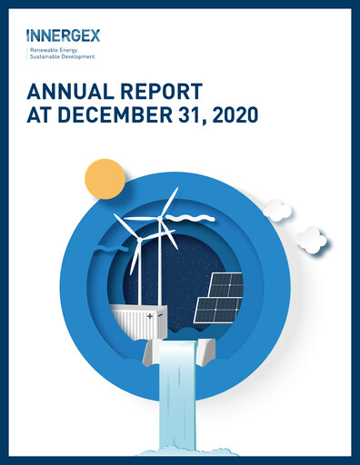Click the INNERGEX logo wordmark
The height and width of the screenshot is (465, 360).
click(64, 36)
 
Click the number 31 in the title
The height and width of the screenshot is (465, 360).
click(185, 115)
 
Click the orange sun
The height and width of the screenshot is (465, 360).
click(104, 178)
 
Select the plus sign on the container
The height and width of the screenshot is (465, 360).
click(149, 315)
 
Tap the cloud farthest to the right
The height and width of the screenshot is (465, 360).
click(311, 239)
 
